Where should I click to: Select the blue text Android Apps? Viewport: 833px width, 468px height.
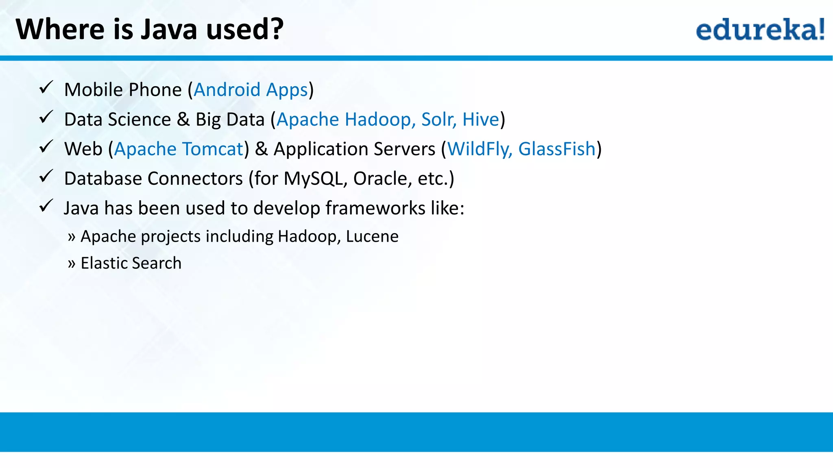pos(251,90)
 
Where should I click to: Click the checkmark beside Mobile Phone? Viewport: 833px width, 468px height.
pos(46,87)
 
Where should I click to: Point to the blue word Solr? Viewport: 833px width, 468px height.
pos(438,119)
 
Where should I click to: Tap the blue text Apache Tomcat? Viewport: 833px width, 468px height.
pos(179,149)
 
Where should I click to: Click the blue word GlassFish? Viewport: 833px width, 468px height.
pos(557,149)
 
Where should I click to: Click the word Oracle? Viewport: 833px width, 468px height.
pos(379,179)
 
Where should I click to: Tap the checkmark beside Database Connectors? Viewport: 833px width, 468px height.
pos(46,176)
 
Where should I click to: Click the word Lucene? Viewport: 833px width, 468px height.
pos(372,236)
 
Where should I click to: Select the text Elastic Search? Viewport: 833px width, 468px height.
pos(131,263)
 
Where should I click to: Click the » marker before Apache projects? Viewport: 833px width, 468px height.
pos(72,237)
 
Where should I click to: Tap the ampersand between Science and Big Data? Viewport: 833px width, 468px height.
pos(183,119)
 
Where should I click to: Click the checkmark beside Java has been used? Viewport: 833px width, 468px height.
pos(46,206)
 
